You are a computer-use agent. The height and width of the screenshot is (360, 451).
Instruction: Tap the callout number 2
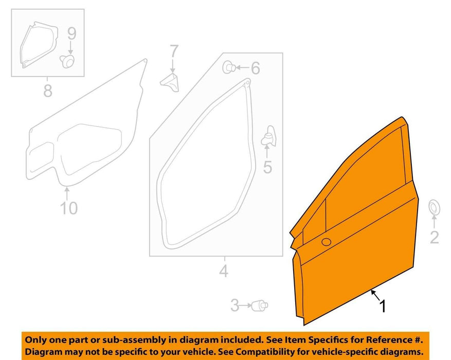click(435, 238)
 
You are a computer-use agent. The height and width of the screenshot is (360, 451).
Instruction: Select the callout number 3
click(234, 305)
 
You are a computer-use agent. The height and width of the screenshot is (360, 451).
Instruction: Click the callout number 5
click(267, 167)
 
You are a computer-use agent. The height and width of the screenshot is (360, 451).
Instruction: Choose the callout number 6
click(256, 68)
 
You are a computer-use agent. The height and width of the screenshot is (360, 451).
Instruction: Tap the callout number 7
click(174, 51)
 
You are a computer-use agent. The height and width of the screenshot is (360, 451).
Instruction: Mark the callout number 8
click(48, 91)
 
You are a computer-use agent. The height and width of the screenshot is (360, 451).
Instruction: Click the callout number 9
click(71, 34)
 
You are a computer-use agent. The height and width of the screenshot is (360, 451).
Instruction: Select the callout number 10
click(69, 208)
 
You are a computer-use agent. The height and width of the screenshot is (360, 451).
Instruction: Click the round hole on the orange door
click(326, 242)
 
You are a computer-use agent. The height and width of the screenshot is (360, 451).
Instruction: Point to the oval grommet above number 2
click(434, 207)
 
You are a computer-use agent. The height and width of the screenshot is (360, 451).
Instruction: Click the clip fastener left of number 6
click(229, 67)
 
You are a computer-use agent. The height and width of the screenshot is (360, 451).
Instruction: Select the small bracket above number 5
click(268, 136)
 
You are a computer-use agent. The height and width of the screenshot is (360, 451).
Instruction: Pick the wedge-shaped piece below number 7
click(170, 83)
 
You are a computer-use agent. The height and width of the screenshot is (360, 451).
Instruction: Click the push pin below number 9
click(67, 60)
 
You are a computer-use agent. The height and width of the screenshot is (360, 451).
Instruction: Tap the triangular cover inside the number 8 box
click(39, 44)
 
